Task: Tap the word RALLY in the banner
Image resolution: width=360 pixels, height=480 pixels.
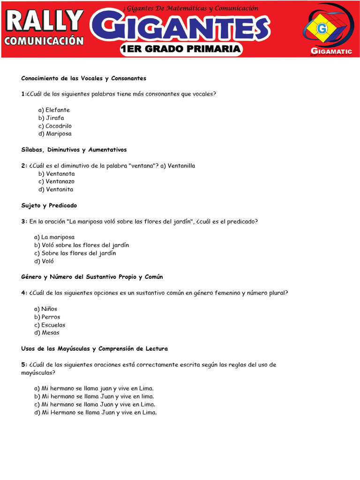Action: (45, 21)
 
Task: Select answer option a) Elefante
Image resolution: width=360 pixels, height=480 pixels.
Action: (54, 110)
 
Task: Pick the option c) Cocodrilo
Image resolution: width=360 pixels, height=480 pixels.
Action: (55, 126)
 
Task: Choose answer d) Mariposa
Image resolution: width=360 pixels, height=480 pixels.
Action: (55, 134)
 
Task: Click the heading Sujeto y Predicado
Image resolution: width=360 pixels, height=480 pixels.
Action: (49, 205)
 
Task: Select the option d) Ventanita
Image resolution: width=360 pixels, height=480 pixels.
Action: (56, 189)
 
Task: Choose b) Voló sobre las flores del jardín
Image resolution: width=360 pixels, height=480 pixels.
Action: (82, 245)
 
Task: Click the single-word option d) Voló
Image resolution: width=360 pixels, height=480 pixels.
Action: (44, 261)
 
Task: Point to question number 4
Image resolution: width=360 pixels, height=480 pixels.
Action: (23, 293)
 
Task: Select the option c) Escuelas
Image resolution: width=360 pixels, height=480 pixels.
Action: (50, 325)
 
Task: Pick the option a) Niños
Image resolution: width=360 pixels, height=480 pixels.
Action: (45, 309)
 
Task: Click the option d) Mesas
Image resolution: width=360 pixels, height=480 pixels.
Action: (47, 333)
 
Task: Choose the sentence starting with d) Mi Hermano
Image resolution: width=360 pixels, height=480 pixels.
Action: (95, 412)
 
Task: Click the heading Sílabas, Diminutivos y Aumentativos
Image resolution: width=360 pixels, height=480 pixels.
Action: (74, 150)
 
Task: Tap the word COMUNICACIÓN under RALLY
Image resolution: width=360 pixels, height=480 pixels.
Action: (44, 41)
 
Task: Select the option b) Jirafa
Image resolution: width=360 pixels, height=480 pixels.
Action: (51, 118)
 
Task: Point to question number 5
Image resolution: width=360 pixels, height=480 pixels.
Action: (23, 365)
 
